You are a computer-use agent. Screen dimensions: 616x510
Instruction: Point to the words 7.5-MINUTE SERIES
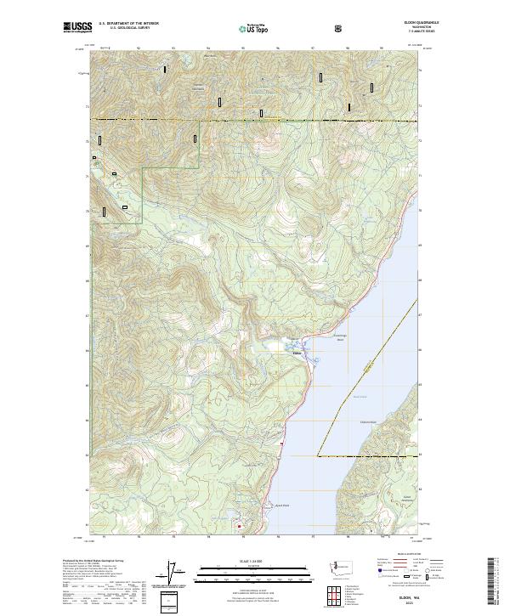click(399, 34)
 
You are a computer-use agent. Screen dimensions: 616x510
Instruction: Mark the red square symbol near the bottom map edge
click(240, 525)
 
